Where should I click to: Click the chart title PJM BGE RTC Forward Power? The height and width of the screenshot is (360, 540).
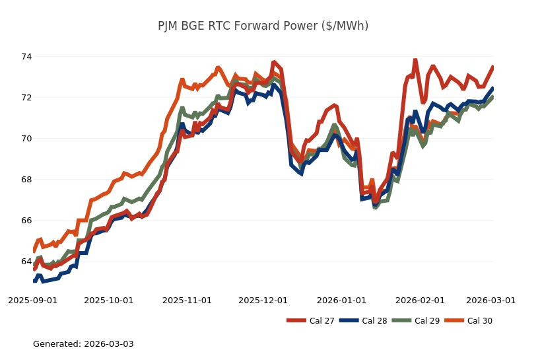[x=263, y=26]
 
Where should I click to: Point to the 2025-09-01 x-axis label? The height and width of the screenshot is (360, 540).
[x=32, y=300]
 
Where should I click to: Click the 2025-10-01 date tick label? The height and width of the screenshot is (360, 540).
[x=108, y=300]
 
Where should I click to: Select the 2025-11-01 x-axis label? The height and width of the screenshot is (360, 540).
[x=187, y=300]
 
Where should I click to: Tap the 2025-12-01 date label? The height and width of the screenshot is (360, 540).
[x=263, y=300]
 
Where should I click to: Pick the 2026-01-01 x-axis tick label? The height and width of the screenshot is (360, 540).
[x=341, y=300]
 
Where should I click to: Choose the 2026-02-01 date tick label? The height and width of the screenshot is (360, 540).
[x=420, y=300]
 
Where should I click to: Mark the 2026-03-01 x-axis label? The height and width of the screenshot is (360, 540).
[x=490, y=300]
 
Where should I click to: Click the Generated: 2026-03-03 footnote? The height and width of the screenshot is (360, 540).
[x=83, y=344]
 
